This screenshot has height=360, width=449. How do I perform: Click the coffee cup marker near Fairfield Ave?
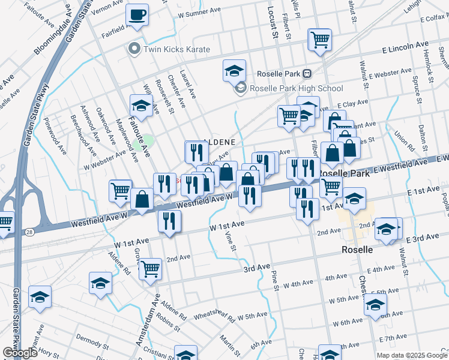click(137, 16)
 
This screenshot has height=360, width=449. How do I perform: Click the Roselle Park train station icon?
click(307, 73)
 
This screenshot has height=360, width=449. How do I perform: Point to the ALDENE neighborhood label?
click(223, 142)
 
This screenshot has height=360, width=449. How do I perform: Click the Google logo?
click(20, 353)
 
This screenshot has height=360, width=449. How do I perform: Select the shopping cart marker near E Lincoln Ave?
click(320, 40)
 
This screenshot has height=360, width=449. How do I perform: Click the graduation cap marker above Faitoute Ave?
click(141, 106)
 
